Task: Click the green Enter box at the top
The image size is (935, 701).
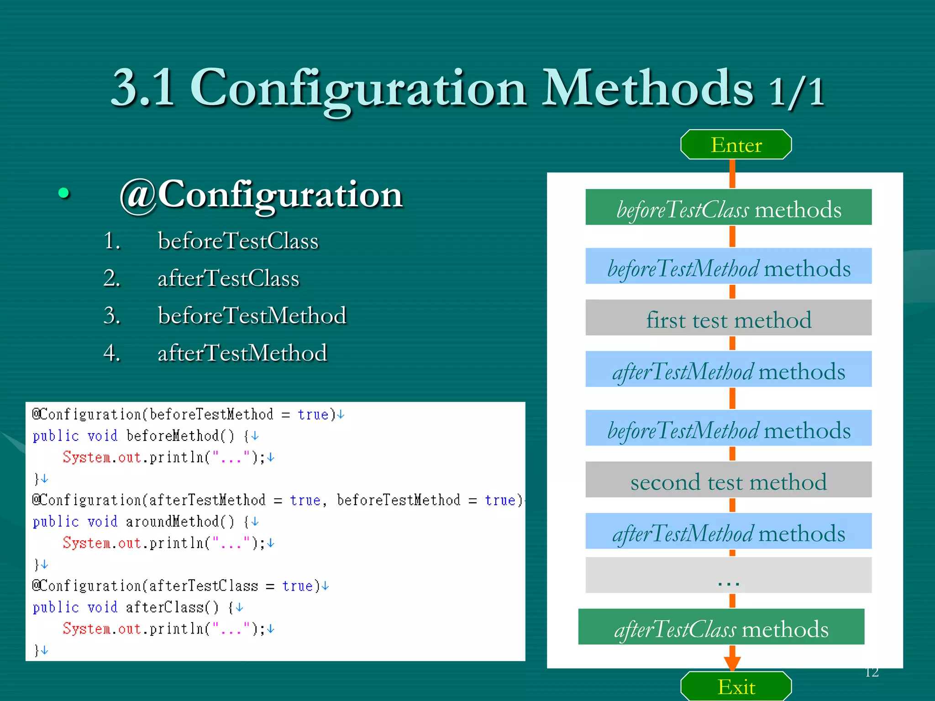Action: click(x=736, y=145)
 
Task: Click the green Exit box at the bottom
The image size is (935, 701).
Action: click(x=736, y=687)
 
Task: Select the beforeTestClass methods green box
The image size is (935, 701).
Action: click(x=728, y=208)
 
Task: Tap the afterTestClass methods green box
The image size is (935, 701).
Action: click(x=721, y=627)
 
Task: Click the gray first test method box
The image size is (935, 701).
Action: click(x=728, y=318)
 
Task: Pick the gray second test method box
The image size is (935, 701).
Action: click(x=728, y=480)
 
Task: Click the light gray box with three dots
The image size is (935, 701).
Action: click(x=728, y=575)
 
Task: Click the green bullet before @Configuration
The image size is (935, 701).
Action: click(x=64, y=193)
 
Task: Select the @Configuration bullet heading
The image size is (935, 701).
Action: click(x=260, y=194)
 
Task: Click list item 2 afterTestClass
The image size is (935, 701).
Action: click(x=228, y=278)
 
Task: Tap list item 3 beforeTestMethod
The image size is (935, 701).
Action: click(x=252, y=316)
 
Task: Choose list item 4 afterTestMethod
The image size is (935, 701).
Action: click(x=242, y=353)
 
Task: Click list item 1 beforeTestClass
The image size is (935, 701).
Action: click(x=238, y=241)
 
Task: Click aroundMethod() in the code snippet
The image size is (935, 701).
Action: click(x=180, y=522)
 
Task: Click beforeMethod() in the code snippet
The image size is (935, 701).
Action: click(x=180, y=436)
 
